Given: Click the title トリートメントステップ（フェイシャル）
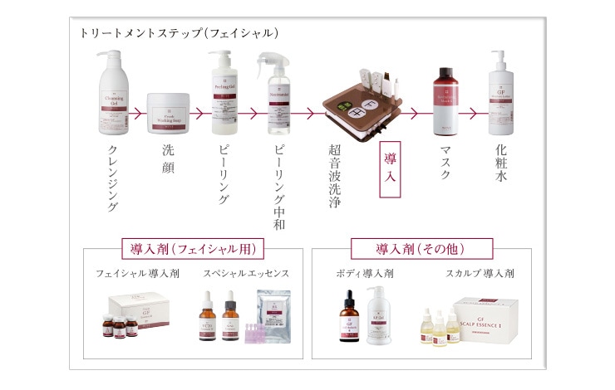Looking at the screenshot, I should pos(179,34).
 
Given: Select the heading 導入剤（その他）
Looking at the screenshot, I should pos(422,249).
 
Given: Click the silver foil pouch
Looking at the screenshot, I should pos(272,314).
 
